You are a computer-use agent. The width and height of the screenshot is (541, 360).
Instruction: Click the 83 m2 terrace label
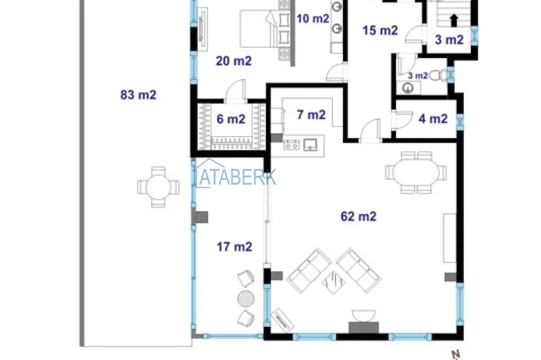[x=138, y=95]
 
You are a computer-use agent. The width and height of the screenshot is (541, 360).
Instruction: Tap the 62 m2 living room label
[x=358, y=216]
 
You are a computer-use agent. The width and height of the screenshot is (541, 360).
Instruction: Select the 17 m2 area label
[x=234, y=247]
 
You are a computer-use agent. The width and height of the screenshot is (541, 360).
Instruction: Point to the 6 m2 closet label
[x=231, y=120]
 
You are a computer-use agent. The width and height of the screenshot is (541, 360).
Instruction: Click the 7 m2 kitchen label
[x=311, y=115]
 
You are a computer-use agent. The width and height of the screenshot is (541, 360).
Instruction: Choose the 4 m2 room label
[x=433, y=119]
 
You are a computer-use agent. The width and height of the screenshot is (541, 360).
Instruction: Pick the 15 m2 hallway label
[x=380, y=31]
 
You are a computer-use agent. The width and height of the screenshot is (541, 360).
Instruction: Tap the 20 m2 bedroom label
[x=234, y=61]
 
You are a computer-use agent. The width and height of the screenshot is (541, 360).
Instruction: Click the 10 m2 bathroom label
[x=313, y=18]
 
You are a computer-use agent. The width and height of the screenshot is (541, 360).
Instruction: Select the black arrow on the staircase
[x=454, y=20]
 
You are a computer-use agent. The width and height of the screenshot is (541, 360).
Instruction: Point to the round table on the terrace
[x=158, y=187]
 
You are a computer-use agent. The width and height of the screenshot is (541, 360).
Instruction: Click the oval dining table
[x=416, y=172]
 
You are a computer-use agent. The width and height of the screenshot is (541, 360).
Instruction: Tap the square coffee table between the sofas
[x=334, y=282]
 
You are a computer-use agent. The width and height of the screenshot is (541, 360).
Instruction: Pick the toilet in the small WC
[x=437, y=75]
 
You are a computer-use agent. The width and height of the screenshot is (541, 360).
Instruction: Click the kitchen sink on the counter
[x=310, y=145]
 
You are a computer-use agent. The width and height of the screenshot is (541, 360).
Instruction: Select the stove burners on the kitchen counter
[x=292, y=145]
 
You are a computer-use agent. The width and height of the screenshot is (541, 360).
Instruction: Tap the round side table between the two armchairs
[x=246, y=299]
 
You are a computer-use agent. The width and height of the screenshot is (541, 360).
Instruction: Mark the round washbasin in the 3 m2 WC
[x=408, y=88]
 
